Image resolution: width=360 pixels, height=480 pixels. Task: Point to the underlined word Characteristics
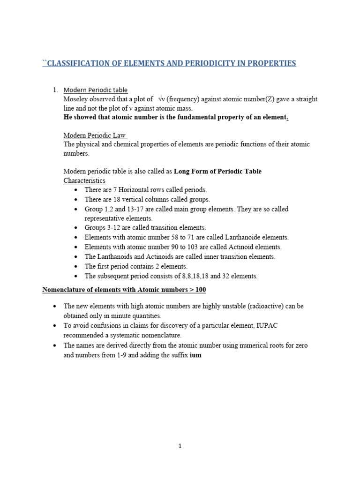84,180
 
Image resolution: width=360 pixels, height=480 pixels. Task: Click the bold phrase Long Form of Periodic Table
217,172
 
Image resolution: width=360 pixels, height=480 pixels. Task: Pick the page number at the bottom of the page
180,446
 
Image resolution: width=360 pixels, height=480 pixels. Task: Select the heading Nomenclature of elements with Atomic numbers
121,290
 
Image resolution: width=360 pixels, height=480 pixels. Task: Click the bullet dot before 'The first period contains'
76,267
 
